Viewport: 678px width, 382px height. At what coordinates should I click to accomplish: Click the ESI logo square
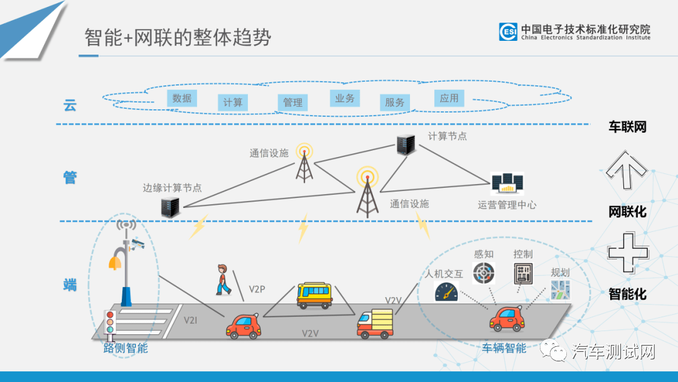pyautogui.click(x=508, y=32)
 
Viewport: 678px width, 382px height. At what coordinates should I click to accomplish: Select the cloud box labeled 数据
pyautogui.click(x=182, y=98)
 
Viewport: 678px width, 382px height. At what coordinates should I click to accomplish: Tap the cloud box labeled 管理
pyautogui.click(x=293, y=102)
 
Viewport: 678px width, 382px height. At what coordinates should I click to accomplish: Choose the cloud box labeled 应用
pyautogui.click(x=449, y=98)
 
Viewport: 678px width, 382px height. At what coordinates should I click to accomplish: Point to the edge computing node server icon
pyautogui.click(x=170, y=207)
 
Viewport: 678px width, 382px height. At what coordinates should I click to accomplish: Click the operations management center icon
pyautogui.click(x=507, y=183)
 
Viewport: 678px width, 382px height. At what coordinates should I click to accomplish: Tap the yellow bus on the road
pyautogui.click(x=315, y=295)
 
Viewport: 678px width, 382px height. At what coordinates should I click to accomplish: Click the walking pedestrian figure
pyautogui.click(x=222, y=280)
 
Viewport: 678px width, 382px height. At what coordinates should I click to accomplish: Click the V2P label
pyautogui.click(x=257, y=289)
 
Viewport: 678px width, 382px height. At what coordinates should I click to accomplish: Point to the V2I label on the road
pyautogui.click(x=191, y=320)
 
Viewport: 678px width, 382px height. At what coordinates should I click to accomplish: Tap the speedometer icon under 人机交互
pyautogui.click(x=446, y=292)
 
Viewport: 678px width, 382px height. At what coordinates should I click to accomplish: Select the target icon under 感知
pyautogui.click(x=483, y=273)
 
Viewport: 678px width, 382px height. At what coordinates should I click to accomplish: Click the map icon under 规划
pyautogui.click(x=560, y=290)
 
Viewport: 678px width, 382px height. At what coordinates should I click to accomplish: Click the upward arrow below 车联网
pyautogui.click(x=627, y=169)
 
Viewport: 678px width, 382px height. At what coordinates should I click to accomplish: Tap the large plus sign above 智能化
pyautogui.click(x=627, y=253)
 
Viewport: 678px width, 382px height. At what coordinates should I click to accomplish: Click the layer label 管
pyautogui.click(x=70, y=178)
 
